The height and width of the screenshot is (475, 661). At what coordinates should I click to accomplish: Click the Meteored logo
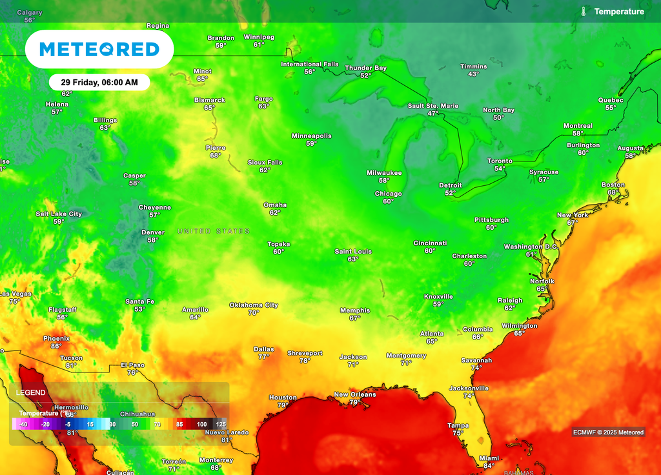coord(99,50)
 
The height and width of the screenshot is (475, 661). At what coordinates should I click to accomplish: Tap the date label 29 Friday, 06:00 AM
coord(99,83)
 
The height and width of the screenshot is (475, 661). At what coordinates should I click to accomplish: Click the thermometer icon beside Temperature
coord(584,12)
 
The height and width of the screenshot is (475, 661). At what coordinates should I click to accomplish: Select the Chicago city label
coord(388,194)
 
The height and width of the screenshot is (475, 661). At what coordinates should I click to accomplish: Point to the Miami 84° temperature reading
coord(489,466)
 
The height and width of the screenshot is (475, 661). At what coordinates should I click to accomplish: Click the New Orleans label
coord(354,394)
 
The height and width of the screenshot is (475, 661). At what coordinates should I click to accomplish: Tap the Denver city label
coord(153,232)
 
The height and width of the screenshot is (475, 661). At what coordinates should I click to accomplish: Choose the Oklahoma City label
coord(254,305)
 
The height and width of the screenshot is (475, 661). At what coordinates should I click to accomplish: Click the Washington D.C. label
coord(531,247)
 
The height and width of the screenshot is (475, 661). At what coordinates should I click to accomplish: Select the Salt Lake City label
coord(59,214)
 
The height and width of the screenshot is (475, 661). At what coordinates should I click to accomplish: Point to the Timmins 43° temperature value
coord(473,74)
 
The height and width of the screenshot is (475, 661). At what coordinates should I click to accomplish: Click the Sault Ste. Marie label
coord(433,106)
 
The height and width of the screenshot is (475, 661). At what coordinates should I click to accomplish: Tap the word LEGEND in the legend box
coord(31,392)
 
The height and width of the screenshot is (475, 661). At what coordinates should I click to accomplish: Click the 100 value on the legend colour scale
coord(201,424)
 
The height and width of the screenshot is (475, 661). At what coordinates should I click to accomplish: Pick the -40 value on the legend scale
coord(23,424)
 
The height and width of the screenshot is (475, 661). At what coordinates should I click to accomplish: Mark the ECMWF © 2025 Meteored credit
coord(608,432)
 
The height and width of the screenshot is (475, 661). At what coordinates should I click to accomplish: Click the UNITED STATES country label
coord(213,231)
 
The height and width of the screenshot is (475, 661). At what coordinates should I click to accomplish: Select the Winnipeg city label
coord(259,37)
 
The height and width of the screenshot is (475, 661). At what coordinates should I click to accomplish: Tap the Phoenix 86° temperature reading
coord(56,346)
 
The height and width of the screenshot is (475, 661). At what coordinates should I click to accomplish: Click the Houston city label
coord(283,398)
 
